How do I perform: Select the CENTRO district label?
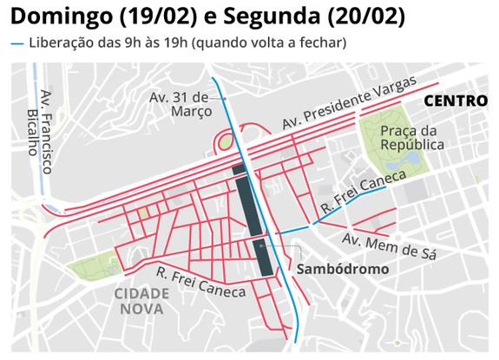click(x=454, y=101)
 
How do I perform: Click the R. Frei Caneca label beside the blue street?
click(x=363, y=192)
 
